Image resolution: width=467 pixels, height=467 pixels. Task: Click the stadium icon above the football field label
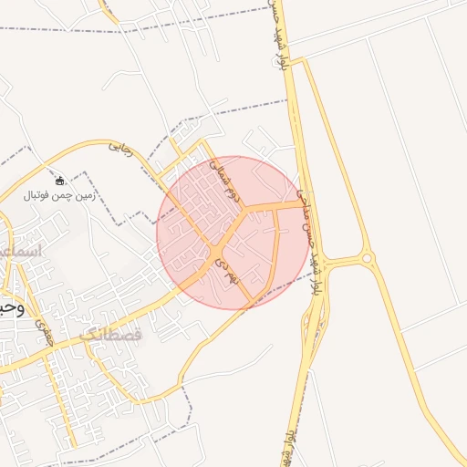pyautogui.click(x=60, y=181)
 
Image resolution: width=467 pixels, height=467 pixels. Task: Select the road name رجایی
pyautogui.click(x=120, y=146)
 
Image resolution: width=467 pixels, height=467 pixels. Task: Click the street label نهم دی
pyautogui.click(x=224, y=273)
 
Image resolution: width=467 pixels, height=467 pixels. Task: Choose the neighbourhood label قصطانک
pyautogui.click(x=111, y=335)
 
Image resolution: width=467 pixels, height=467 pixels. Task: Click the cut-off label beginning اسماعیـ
pyautogui.click(x=18, y=249)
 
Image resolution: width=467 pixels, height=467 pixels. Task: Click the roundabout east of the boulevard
pyautogui.click(x=368, y=259)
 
